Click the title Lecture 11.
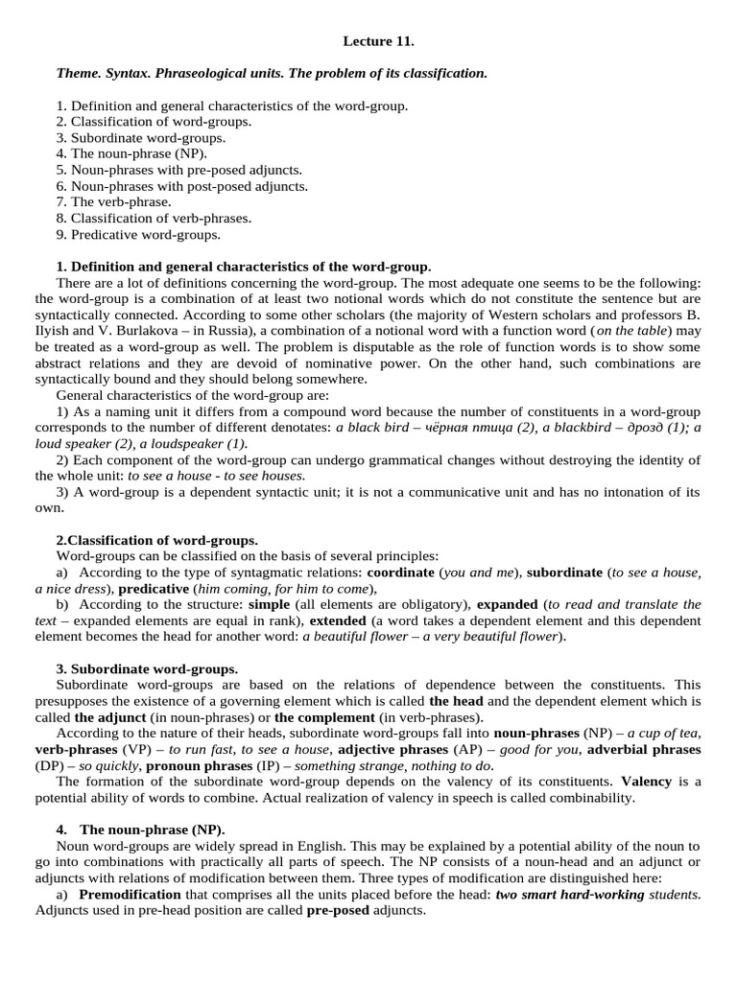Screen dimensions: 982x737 coord(378,41)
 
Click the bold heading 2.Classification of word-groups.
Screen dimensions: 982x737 coord(156,540)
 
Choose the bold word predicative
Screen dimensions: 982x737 coord(154,589)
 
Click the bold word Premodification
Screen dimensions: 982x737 coord(130,894)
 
